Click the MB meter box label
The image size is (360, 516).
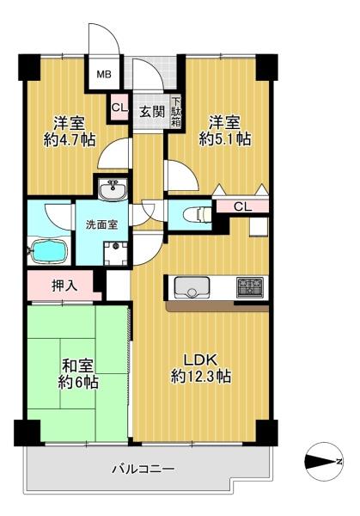tap(104, 74)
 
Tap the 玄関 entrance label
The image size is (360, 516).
tap(152, 112)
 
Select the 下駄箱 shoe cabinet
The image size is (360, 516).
tap(176, 112)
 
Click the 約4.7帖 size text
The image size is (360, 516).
tap(70, 140)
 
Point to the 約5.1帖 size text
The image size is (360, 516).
tap(225, 139)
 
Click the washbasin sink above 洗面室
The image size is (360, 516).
tap(113, 189)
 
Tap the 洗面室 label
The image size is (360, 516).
tap(102, 224)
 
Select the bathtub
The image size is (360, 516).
tap(49, 250)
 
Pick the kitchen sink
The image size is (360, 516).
tap(192, 287)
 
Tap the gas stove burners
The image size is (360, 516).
tap(250, 287)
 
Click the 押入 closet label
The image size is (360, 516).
tap(64, 286)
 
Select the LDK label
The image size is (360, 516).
tap(200, 360)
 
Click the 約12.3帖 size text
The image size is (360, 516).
tap(200, 377)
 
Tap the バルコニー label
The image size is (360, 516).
tap(143, 469)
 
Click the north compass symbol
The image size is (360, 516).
tap(322, 461)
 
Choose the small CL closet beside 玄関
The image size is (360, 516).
tap(119, 107)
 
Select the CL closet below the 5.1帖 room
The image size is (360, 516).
tap(242, 206)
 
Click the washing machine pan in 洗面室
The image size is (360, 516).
tap(116, 253)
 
